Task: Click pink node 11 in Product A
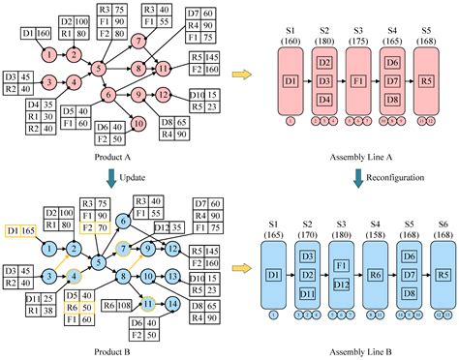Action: (165, 69)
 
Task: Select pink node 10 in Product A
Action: (138, 123)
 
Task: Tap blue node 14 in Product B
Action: (171, 303)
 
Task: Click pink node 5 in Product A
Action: (99, 69)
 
